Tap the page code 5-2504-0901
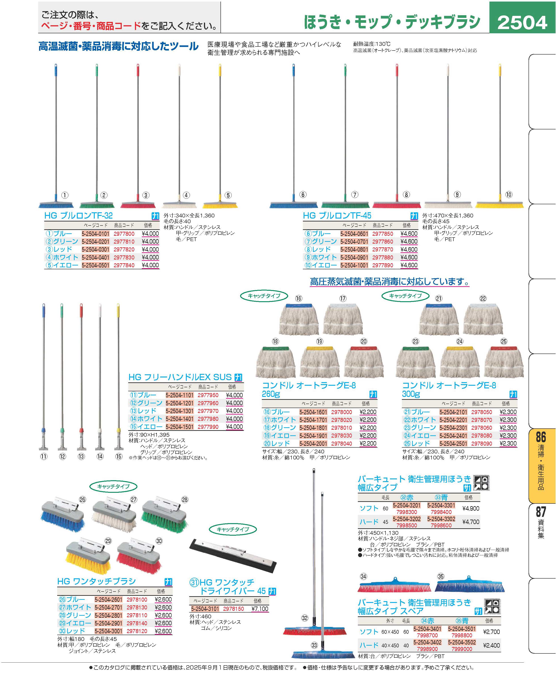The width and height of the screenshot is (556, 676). pyautogui.click(x=354, y=257)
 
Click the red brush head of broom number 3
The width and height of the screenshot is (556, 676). pyautogui.click(x=138, y=205)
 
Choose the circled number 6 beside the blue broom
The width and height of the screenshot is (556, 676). pyautogui.click(x=303, y=194)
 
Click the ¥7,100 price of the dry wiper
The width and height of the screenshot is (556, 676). pyautogui.click(x=260, y=609)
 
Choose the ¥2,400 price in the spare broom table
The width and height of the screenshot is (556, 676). pyautogui.click(x=491, y=645)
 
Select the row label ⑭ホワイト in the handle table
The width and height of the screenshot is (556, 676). pyautogui.click(x=146, y=419)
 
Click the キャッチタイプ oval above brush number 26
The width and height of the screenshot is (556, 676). pyautogui.click(x=113, y=486)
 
